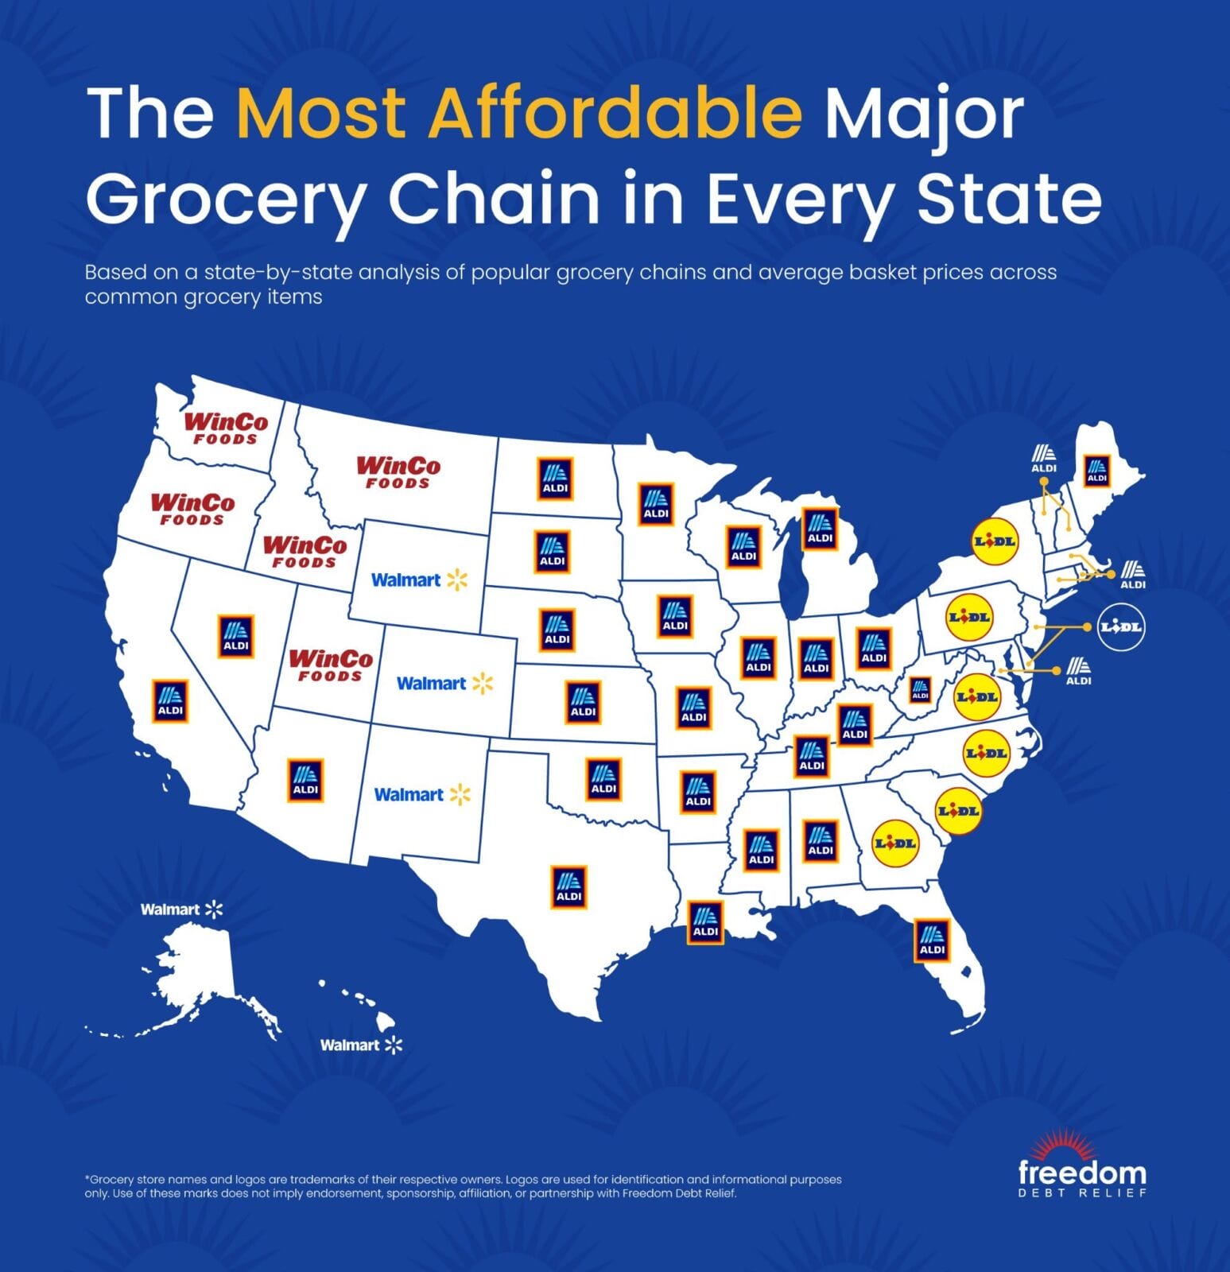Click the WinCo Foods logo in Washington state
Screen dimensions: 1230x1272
coord(227,428)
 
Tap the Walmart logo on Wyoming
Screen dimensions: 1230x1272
coord(419,580)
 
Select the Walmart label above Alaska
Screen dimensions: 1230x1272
coord(181,909)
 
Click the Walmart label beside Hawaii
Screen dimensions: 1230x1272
coord(361,1045)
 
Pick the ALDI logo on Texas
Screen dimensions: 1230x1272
coord(568,886)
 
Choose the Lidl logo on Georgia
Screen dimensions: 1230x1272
coord(895,843)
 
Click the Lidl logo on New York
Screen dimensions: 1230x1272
coord(995,541)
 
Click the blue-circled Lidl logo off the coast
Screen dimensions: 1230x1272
coord(1120,627)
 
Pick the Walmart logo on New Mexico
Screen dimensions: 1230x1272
coord(422,795)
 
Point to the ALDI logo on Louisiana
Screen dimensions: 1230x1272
coord(705,923)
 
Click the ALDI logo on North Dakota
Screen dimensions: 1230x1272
coord(555,479)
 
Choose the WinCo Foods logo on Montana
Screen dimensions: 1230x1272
coord(398,472)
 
